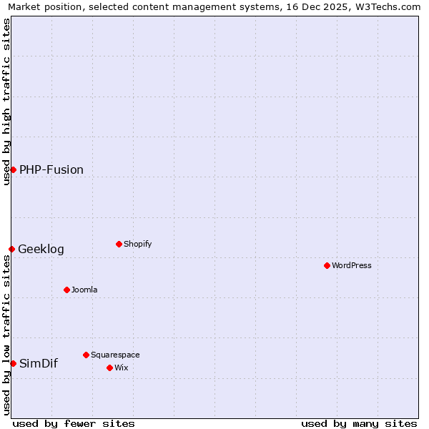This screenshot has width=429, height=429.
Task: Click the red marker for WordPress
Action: click(327, 265)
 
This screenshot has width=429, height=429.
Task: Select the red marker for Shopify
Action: click(119, 244)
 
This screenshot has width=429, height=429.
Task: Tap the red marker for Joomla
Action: click(66, 290)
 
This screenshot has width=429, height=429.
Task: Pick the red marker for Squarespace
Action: click(86, 355)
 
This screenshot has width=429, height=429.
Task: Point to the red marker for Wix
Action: click(109, 368)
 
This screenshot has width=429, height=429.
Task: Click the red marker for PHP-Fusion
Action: click(13, 169)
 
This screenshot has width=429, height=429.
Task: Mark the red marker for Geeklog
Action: click(11, 249)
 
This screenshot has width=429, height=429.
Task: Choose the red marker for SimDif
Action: click(13, 363)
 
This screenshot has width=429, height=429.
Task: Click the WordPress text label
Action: click(352, 265)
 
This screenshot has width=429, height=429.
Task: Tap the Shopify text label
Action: click(138, 244)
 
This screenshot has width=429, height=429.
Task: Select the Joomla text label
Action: click(84, 290)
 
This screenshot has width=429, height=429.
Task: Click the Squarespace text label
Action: click(115, 355)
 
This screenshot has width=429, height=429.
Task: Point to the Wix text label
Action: click(121, 368)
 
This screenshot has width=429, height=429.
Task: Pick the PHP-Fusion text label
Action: click(51, 169)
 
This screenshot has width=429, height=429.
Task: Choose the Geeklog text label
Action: click(41, 249)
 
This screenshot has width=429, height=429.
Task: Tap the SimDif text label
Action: click(39, 363)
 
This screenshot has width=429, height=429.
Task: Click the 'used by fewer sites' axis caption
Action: click(74, 423)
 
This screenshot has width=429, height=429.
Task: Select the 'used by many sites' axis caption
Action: click(359, 423)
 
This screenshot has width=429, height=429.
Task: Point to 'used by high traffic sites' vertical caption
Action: click(6, 102)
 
